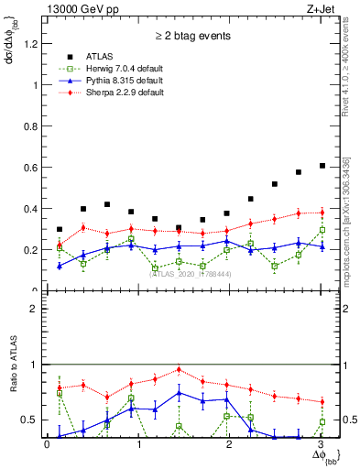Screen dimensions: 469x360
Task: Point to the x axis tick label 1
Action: pyautogui.click(x=139, y=444)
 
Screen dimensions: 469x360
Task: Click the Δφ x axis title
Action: pyautogui.click(x=322, y=455)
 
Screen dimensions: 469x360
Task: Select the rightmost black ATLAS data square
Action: pyautogui.click(x=322, y=166)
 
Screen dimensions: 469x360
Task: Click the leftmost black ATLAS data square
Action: pyautogui.click(x=60, y=229)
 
